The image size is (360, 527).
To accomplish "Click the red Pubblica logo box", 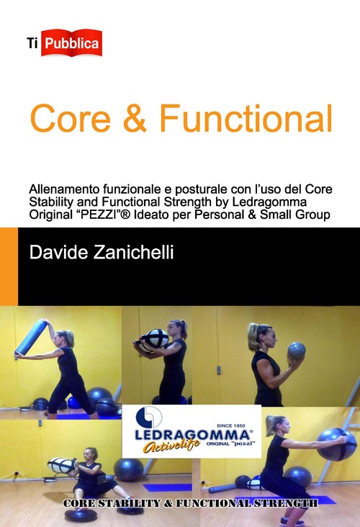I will pos(72,42).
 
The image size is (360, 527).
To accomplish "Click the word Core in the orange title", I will pos(69,119).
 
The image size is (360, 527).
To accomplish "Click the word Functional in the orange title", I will pos(245,119).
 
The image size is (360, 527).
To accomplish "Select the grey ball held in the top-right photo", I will pos(296,352).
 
